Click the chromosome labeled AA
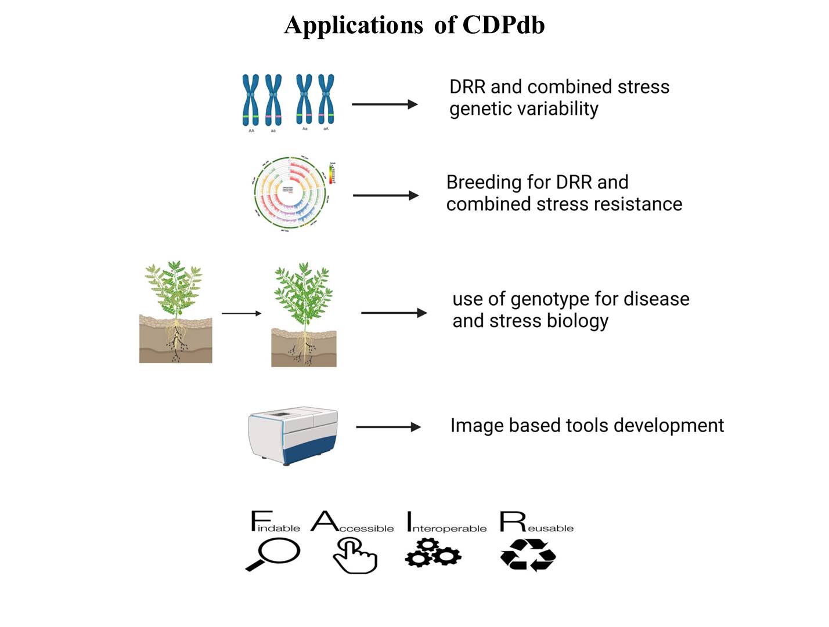point(251,100)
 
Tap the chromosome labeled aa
point(273,100)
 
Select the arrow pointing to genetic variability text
point(384,104)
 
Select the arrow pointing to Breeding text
point(385,195)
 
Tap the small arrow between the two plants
point(242,313)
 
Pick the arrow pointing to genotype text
point(394,313)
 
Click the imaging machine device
point(293,435)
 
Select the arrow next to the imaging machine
point(388,427)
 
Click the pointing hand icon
point(355,556)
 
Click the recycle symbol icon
point(528,555)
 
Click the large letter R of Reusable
point(512,521)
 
